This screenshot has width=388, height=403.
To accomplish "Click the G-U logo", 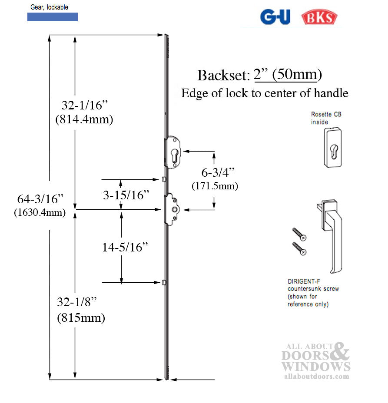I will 275,17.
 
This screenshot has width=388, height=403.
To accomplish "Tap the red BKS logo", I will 319,17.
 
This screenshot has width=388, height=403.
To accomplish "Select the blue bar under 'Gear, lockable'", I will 53,17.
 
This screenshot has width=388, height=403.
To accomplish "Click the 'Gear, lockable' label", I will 49,7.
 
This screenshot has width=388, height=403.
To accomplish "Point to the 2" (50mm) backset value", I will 288,75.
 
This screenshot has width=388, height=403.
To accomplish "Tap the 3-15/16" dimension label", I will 126,195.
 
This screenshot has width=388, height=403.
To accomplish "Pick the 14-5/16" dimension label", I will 125,247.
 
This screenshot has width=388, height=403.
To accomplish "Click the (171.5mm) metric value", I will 215,186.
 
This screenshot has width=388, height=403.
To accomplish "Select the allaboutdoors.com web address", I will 316,376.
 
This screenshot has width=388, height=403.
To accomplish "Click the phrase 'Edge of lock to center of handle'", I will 264,93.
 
